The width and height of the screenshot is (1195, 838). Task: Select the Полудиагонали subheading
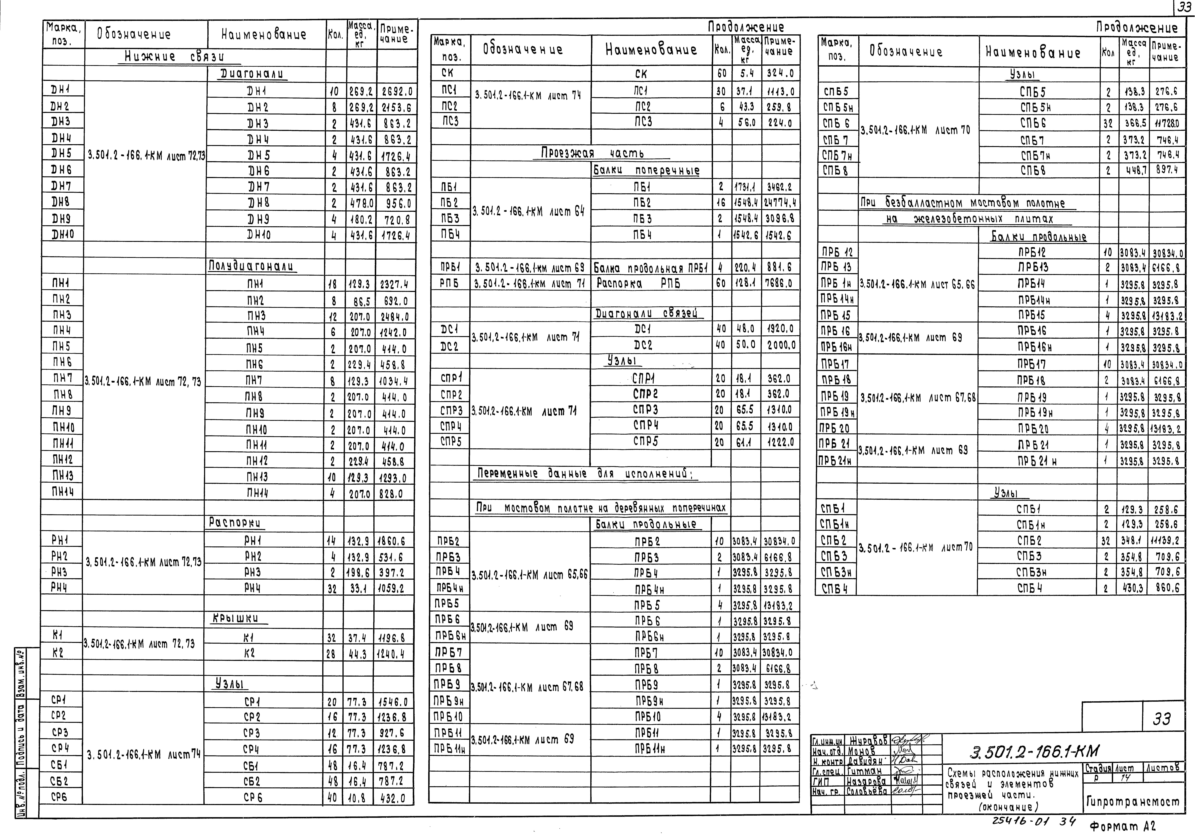(x=251, y=266)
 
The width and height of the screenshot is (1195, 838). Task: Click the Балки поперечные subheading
(x=646, y=170)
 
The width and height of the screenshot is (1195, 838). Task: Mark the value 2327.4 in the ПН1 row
(x=394, y=284)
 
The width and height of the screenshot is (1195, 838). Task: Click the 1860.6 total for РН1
(x=392, y=541)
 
